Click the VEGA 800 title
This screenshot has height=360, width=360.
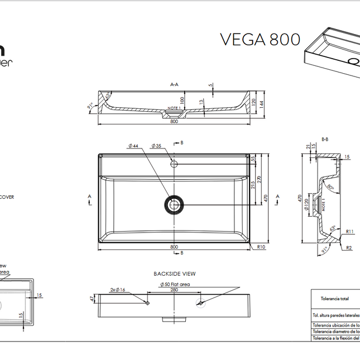coord(260,40)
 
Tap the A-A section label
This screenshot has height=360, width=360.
coord(174,85)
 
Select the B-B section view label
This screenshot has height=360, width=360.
coord(324,139)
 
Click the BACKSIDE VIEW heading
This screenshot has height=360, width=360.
coord(174,274)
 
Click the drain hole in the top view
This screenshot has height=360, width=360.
coord(174,205)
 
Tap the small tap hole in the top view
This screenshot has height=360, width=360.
coord(174,164)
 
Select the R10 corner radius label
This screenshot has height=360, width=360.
coord(261,246)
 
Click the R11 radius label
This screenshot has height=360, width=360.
coord(350,231)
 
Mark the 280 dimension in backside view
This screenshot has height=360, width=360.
coord(174,290)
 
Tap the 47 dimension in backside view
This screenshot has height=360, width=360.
coord(92,300)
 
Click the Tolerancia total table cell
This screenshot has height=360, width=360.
coord(335,299)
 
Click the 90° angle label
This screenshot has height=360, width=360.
coord(331,188)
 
